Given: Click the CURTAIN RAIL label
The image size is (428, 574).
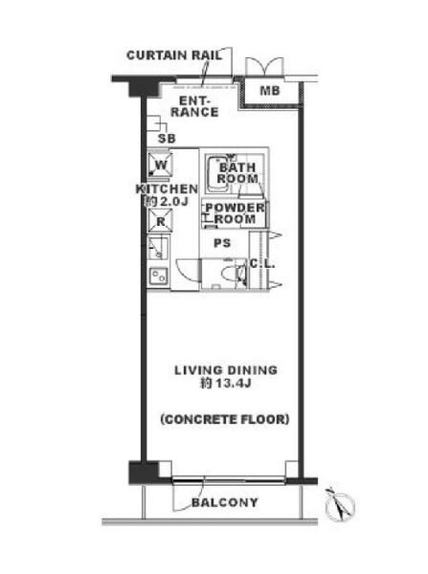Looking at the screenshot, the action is pos(174,55).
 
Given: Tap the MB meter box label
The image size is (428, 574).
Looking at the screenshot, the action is pos(270,91).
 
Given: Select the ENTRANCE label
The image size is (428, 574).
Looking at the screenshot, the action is pos(194,106).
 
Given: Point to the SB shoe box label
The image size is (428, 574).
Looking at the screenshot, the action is pos(167,139).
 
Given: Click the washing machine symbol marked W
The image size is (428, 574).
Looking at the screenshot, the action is pos(159,165).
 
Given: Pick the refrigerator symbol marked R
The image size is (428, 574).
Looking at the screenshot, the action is pos(160,221).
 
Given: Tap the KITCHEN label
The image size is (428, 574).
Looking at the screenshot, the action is pos(167,188).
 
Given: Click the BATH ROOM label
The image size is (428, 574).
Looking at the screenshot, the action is pos(237,173).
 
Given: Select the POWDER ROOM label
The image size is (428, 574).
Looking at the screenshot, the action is pos(235,213).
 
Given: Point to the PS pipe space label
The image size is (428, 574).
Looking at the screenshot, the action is pos(222,243).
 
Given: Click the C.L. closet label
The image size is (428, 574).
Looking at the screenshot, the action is pos(262,264).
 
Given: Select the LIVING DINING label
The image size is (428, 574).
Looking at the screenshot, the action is pos(226,370).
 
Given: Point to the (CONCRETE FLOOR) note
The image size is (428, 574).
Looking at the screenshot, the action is pos(225,419).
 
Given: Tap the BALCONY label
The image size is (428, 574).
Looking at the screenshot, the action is pos(225,502).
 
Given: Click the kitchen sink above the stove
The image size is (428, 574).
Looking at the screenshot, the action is pos(159,249).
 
